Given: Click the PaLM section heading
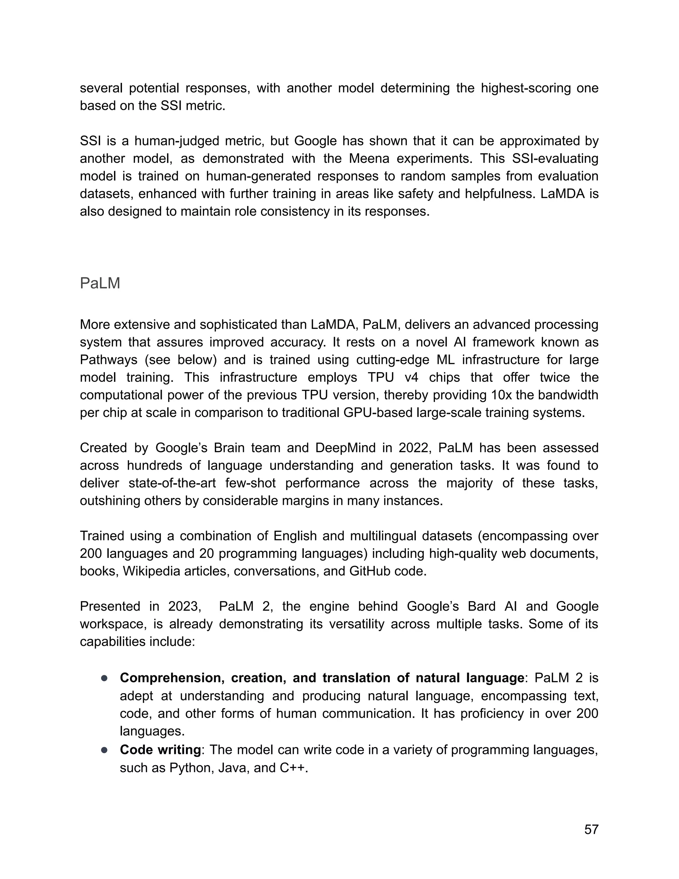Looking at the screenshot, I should pyautogui.click(x=100, y=283).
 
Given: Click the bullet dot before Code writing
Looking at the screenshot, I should pyautogui.click(x=104, y=750).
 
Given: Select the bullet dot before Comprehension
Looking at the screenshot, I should pyautogui.click(x=104, y=678).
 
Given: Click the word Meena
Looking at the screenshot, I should pyautogui.click(x=368, y=159).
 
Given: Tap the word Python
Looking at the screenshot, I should pyautogui.click(x=190, y=768).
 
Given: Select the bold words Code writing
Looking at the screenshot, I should pyautogui.click(x=160, y=750).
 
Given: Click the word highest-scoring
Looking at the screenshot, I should pyautogui.click(x=525, y=88).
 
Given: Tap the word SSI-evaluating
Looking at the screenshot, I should pyautogui.click(x=555, y=159).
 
